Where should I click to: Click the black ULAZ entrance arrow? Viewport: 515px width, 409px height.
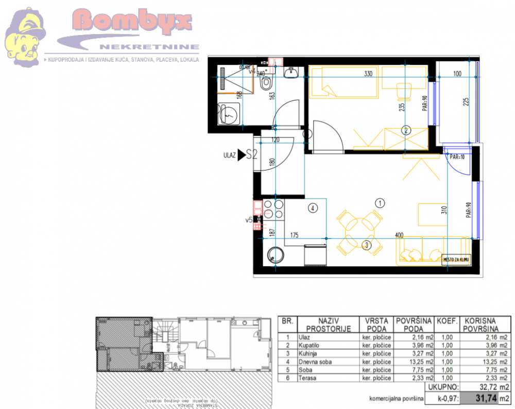(241, 155)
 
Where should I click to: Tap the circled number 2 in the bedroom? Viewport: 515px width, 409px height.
(406, 130)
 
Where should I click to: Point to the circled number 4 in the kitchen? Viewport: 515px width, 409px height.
(312, 208)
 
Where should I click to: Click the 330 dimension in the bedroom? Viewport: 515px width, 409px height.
(368, 74)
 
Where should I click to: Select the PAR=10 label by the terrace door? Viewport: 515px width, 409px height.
(457, 157)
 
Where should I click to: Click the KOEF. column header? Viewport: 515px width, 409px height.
(447, 320)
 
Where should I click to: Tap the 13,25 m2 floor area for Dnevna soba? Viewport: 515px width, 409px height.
(414, 362)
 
